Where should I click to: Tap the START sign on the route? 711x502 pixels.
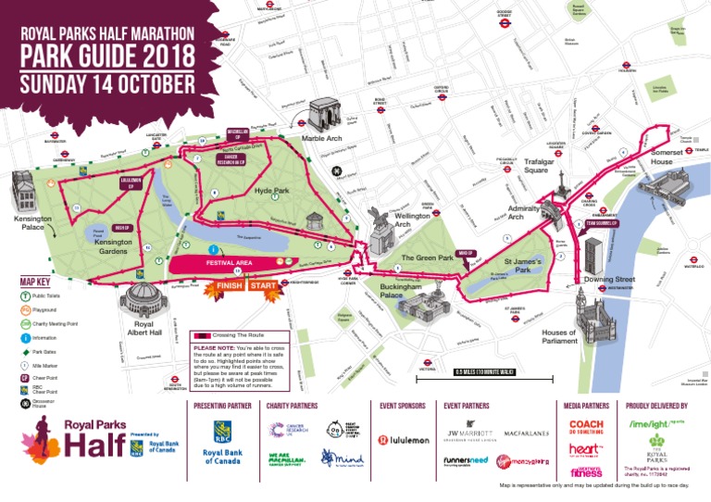tap(265, 286)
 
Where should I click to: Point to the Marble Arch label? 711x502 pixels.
tap(323, 142)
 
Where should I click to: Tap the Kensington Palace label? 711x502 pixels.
tap(30, 222)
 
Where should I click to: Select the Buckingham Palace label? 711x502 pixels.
tap(400, 292)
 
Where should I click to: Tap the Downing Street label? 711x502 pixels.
tap(610, 279)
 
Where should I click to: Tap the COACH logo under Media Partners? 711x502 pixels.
tap(584, 427)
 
